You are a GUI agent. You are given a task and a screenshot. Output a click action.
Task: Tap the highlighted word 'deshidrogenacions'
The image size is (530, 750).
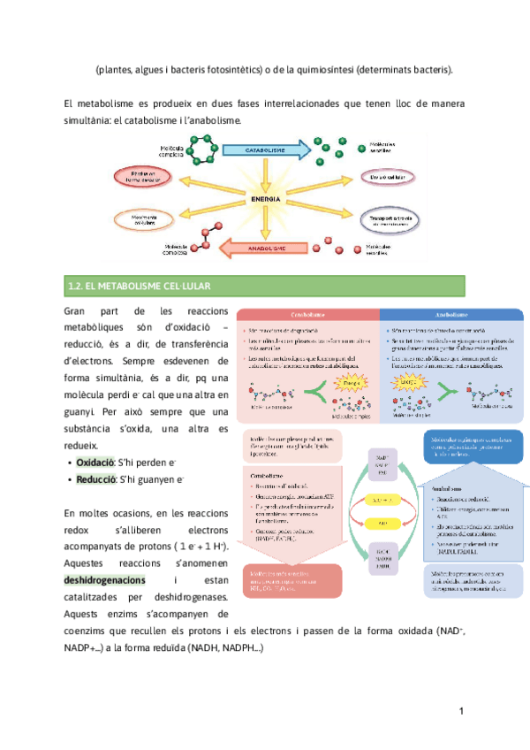[103, 580]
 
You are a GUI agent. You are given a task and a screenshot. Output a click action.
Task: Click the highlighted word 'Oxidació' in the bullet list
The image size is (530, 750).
[95, 463]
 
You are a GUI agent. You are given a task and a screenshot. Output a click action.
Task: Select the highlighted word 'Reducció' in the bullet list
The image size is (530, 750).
[96, 479]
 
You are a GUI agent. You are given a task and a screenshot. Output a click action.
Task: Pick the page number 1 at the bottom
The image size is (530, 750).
[462, 712]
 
